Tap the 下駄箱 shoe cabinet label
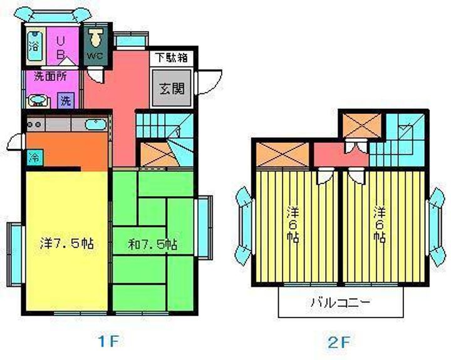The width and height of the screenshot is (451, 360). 172,58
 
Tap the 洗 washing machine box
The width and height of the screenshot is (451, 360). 66,99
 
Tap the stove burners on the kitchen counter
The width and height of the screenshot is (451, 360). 34,124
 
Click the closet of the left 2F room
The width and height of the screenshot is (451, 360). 283,154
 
